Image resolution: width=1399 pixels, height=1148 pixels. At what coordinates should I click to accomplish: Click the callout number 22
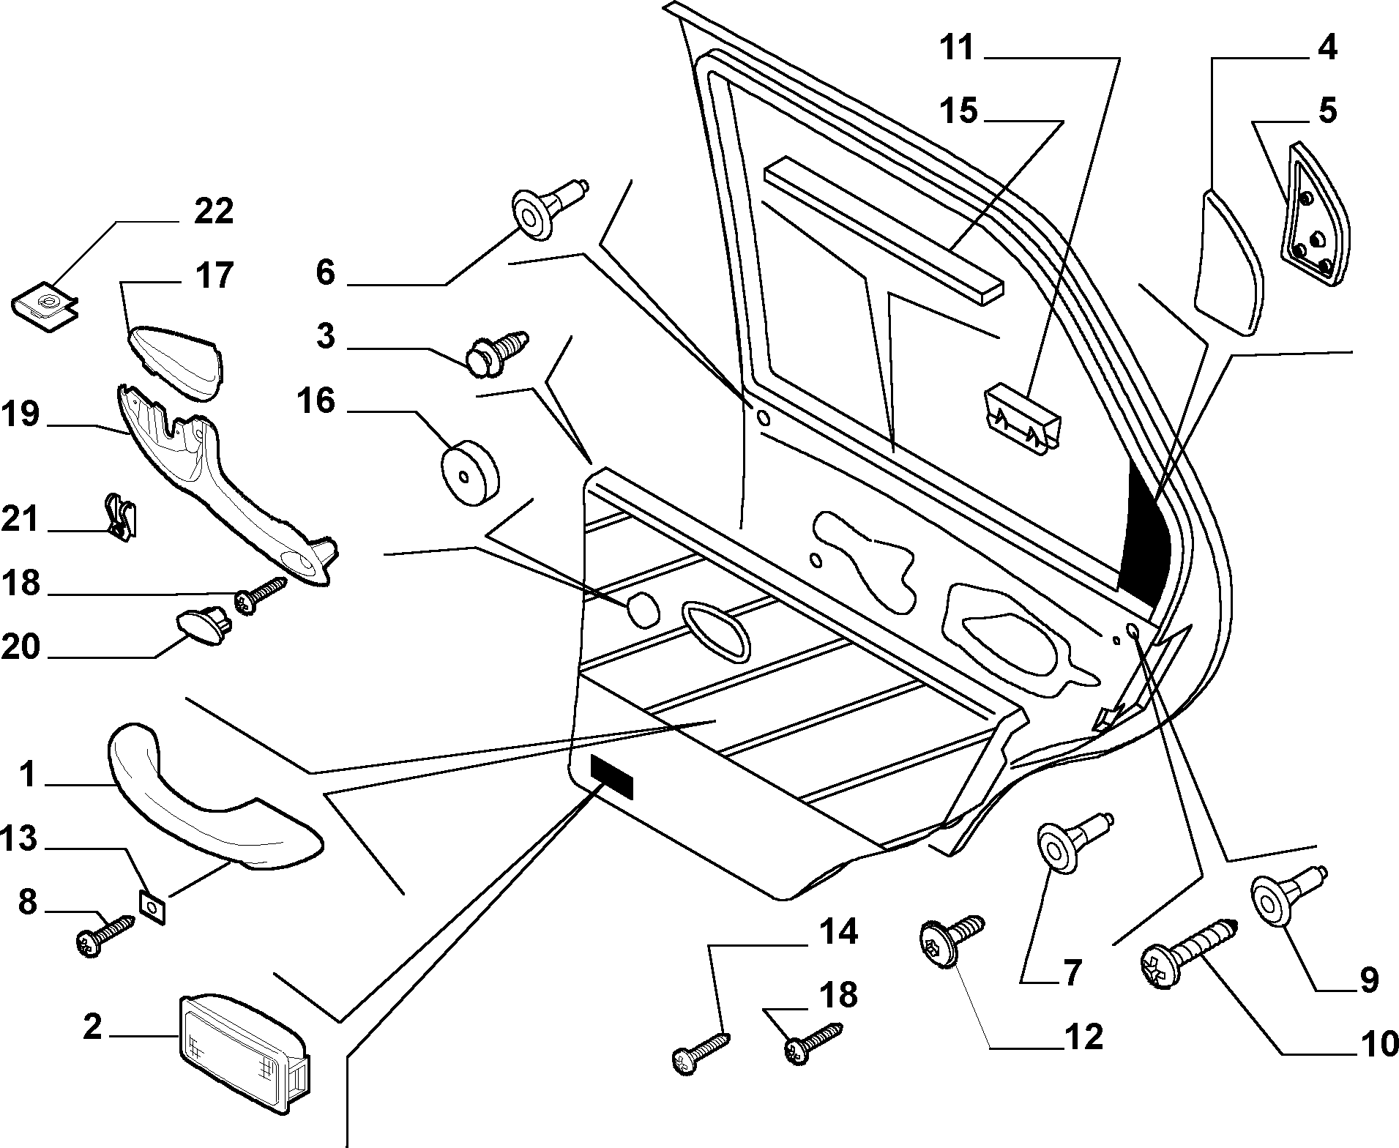pos(213,212)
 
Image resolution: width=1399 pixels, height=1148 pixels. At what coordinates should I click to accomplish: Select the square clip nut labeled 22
pos(45,309)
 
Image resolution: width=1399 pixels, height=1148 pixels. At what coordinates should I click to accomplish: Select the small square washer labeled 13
pos(152,908)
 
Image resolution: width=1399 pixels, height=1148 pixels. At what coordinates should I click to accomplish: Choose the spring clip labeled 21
pos(121,516)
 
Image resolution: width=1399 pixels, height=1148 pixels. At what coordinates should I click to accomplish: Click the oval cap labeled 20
pos(204,625)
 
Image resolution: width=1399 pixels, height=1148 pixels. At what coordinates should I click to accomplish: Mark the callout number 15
pos(960,111)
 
